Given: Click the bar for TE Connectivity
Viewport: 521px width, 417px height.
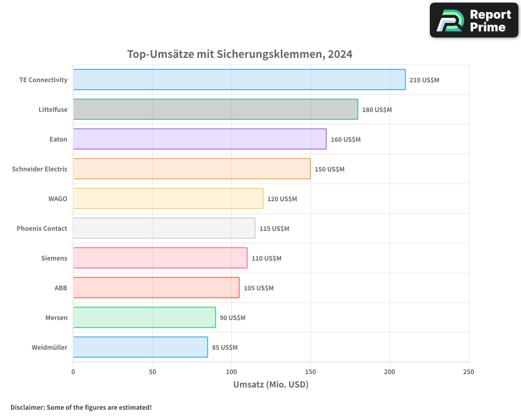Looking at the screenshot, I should (x=239, y=80).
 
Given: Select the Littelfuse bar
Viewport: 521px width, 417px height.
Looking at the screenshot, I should (x=215, y=109).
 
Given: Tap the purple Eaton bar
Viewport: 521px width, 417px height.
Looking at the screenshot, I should (x=200, y=139).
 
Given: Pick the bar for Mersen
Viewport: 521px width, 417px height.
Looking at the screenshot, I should (x=144, y=317).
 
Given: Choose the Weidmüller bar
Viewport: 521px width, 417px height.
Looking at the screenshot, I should (x=140, y=347).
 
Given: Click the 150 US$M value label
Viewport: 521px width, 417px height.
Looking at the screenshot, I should (x=329, y=169).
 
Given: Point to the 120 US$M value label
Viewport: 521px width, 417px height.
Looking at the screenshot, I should (x=282, y=199).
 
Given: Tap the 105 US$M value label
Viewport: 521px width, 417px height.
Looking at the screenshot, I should (x=258, y=288).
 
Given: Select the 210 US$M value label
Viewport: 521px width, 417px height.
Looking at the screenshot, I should (x=424, y=80).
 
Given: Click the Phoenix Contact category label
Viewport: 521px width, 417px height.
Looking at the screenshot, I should (x=42, y=229).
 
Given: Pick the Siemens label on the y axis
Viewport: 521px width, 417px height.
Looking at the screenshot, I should (x=54, y=259).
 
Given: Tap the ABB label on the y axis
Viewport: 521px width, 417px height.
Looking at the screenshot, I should (x=61, y=288).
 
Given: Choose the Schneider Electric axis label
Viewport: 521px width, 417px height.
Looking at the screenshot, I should (x=40, y=169).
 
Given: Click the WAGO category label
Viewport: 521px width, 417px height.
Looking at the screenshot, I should (x=57, y=199).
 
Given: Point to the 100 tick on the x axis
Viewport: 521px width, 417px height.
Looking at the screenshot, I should (x=231, y=372).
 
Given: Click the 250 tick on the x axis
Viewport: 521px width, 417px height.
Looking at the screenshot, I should (x=468, y=372).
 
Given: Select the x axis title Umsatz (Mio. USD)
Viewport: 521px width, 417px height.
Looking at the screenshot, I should (x=271, y=385).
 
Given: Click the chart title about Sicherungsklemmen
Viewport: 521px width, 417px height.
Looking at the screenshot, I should (x=240, y=54).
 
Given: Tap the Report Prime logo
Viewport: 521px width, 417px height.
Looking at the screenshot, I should (x=474, y=20).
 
